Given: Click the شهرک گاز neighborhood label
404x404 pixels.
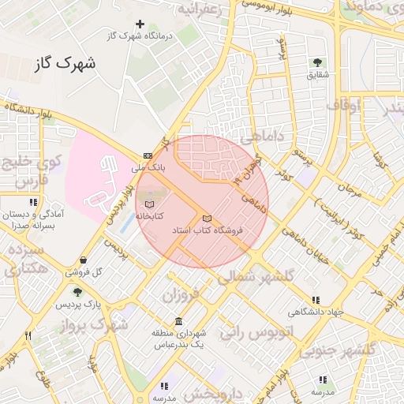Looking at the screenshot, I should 65,63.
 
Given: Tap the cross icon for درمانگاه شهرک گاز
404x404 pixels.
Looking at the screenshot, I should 140,24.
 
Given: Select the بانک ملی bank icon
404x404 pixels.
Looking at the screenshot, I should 148,155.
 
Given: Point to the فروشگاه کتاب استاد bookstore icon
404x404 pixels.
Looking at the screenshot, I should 207,218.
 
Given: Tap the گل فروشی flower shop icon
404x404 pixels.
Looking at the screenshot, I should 84,260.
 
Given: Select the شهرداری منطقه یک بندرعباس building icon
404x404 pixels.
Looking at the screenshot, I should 179,321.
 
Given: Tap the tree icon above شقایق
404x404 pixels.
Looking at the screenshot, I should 317,62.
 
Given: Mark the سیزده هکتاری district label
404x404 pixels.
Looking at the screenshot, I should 26,259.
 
